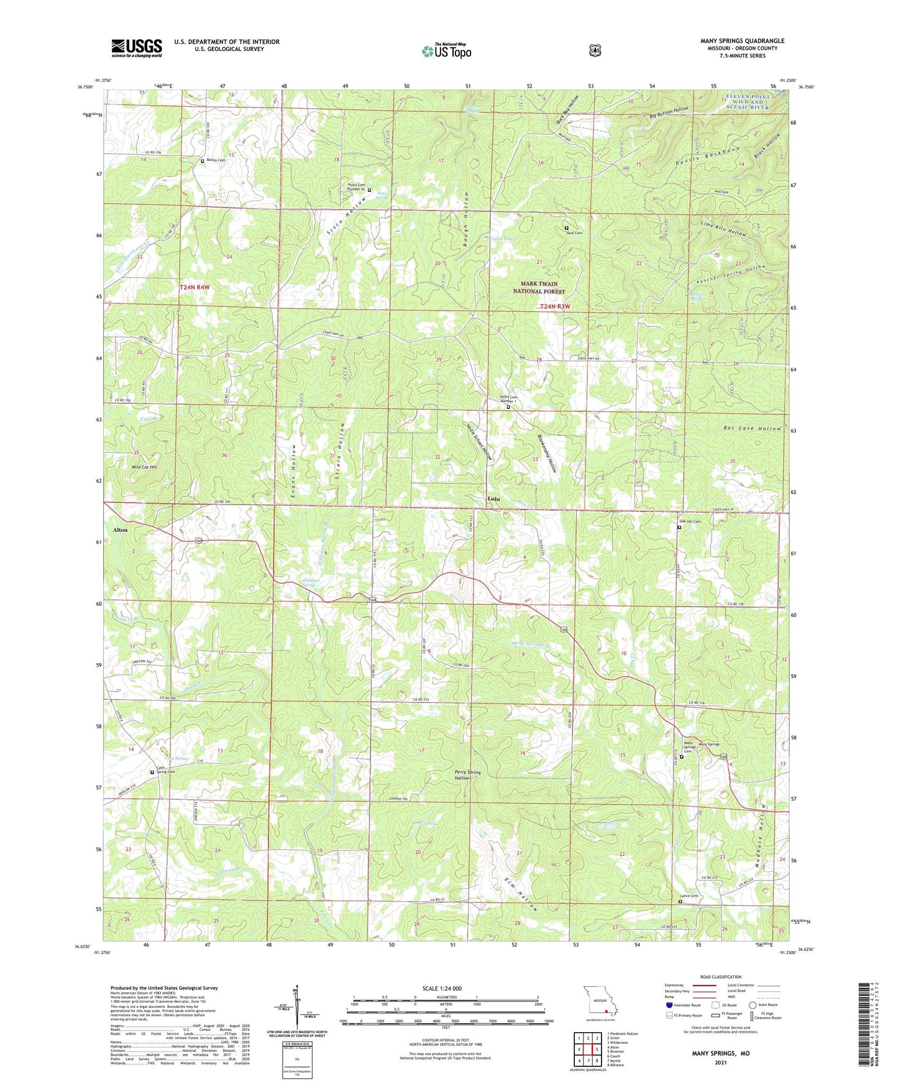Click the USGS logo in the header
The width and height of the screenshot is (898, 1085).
click(137, 48)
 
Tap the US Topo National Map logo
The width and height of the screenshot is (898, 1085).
click(446, 50)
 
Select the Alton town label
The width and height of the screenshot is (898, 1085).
click(120, 530)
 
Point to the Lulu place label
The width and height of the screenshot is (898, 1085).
click(493, 499)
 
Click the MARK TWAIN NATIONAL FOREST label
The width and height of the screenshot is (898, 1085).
click(539, 287)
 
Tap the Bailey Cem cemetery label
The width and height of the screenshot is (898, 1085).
click(216, 160)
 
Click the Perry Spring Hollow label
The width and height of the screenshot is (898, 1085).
click(467, 775)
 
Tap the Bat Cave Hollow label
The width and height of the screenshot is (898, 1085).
click(752, 429)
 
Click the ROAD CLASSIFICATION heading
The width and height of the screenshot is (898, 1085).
click(721, 977)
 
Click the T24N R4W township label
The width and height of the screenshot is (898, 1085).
click(195, 288)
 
